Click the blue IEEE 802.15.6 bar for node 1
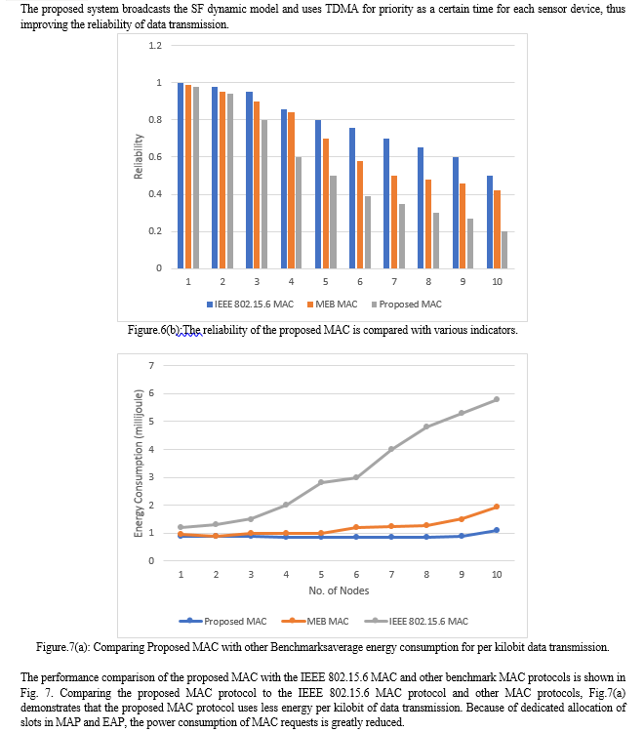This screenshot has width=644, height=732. pyautogui.click(x=181, y=176)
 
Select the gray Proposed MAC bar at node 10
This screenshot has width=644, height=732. pyautogui.click(x=504, y=250)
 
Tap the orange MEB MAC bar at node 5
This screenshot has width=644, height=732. pyautogui.click(x=326, y=204)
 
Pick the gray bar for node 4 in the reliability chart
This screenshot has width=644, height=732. pyautogui.click(x=299, y=213)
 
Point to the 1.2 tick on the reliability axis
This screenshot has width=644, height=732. pyautogui.click(x=155, y=45)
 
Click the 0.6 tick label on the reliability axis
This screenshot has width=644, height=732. pyautogui.click(x=155, y=157)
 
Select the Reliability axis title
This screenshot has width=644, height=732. pyautogui.click(x=139, y=156)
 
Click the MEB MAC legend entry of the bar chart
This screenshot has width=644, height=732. pyautogui.click(x=333, y=305)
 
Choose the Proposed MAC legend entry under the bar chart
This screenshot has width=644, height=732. pyautogui.click(x=407, y=305)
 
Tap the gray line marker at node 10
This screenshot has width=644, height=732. pyautogui.click(x=497, y=399)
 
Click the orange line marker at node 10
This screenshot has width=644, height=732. pyautogui.click(x=497, y=507)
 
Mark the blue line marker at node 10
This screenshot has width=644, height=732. pyautogui.click(x=497, y=530)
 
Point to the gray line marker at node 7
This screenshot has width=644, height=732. pyautogui.click(x=391, y=449)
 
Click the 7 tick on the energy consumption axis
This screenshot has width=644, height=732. pyautogui.click(x=151, y=366)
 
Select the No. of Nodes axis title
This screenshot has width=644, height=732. pyautogui.click(x=339, y=590)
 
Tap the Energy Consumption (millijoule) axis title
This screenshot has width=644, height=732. pyautogui.click(x=139, y=463)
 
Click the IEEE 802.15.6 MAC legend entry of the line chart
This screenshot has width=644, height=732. pyautogui.click(x=417, y=622)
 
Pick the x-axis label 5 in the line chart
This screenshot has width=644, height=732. pyautogui.click(x=321, y=574)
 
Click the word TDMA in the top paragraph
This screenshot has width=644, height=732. pyautogui.click(x=342, y=9)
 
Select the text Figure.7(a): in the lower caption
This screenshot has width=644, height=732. pyautogui.click(x=63, y=647)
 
